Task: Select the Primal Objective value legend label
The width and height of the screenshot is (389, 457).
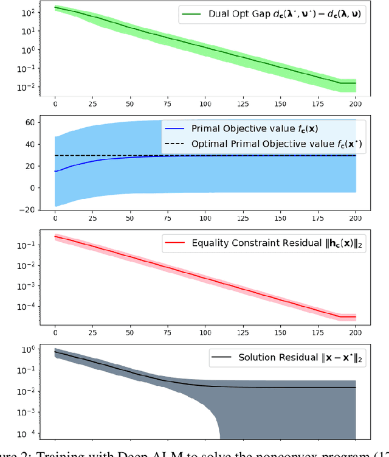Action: click(249, 129)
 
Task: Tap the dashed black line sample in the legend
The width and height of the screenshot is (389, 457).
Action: click(174, 144)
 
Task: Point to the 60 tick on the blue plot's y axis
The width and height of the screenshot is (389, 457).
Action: click(29, 122)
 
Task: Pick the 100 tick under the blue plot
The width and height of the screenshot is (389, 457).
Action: click(205, 218)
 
